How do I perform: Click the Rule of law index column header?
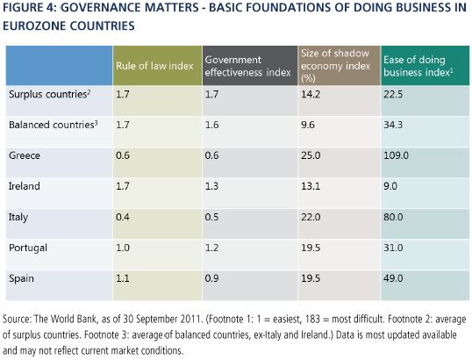coord(154,66)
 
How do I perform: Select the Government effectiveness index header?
coord(247,66)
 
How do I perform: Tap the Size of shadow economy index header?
coord(336,66)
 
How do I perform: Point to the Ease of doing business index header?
coord(418,66)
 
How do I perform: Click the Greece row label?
coord(25,155)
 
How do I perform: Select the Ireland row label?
coord(24,186)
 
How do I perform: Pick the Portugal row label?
coord(28,248)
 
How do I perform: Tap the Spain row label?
coord(21,278)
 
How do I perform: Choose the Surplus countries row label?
coord(50,94)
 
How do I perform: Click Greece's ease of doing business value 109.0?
coord(396,155)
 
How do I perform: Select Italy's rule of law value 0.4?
coord(123,217)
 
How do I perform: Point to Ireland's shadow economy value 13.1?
coord(311,186)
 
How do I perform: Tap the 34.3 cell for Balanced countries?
coord(393,125)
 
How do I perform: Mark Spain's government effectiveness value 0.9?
coord(211,278)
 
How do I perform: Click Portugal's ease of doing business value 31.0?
coord(393,248)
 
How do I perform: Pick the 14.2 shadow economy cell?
coord(311,94)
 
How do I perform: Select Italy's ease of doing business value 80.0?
coord(393,217)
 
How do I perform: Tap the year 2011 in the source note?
coord(191,319)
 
